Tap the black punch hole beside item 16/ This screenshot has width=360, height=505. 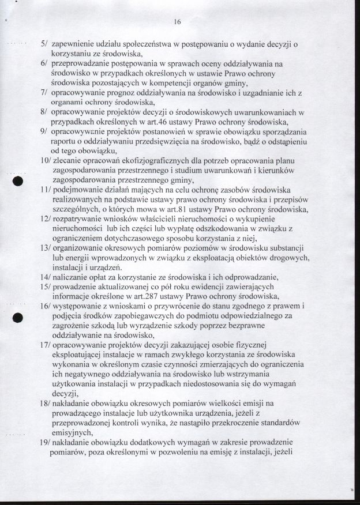18,316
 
